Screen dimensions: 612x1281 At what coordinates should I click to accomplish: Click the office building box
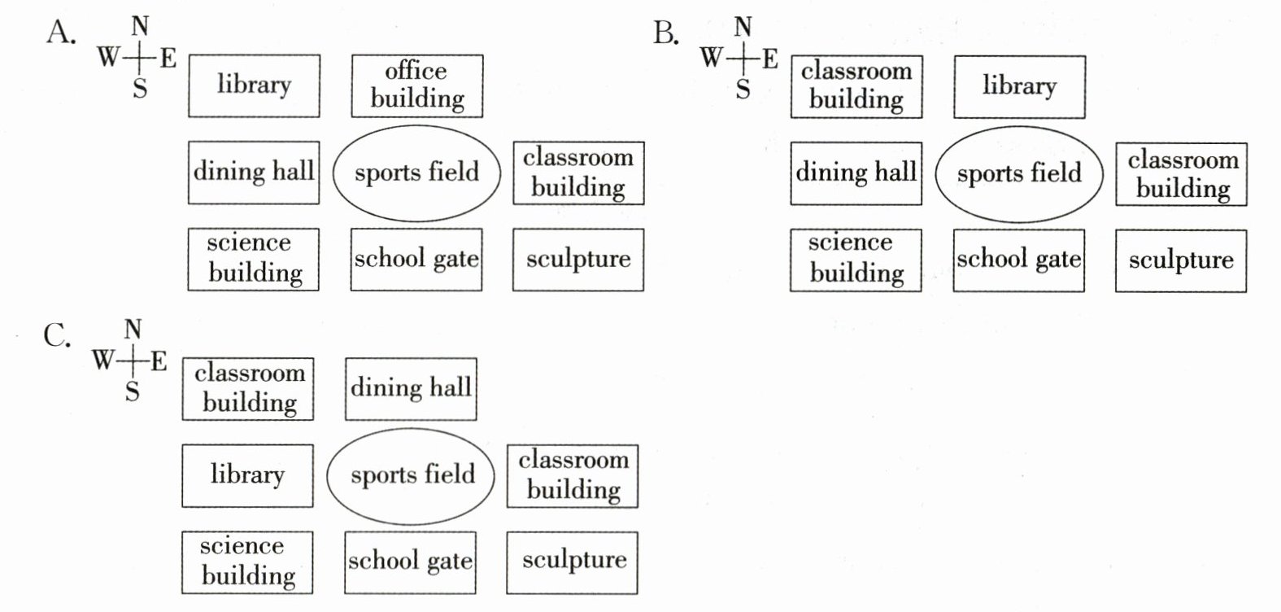417,86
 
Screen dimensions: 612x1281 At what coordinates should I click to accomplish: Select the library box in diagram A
254,85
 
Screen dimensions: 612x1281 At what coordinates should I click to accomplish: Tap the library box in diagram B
1019,86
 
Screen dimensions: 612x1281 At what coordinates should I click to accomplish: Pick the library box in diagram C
247,475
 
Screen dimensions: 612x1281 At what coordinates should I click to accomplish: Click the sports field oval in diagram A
417,173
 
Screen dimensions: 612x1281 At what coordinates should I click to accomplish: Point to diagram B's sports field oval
1019,174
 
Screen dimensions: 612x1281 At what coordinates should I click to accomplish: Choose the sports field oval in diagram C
411,475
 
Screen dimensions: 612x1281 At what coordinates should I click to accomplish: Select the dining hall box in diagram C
411,388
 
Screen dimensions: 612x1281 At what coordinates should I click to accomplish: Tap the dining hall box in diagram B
856,173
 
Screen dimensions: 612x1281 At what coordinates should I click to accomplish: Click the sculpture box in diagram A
578,260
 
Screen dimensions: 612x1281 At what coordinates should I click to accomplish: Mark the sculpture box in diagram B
1181,260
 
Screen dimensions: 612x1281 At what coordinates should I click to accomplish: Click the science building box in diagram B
856,260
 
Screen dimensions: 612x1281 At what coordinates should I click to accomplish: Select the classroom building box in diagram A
578,173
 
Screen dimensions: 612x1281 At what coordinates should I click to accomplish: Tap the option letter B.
664,33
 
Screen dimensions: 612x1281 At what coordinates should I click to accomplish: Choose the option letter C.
55,335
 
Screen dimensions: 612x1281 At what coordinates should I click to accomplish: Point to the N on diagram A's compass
140,27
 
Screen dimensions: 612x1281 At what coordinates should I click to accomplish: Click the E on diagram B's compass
769,59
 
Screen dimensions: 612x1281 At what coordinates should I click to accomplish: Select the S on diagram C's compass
132,392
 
